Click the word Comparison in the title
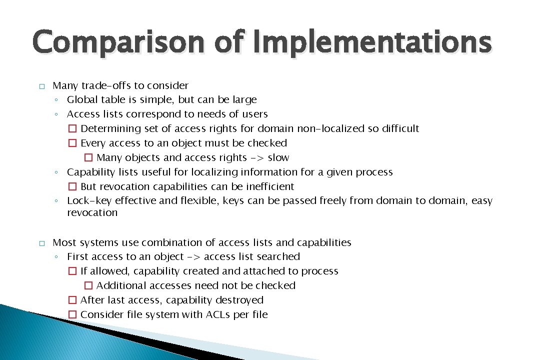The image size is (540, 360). (118, 42)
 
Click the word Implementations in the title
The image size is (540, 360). (372, 42)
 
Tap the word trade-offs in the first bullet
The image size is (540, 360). (106, 85)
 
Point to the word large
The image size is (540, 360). (243, 100)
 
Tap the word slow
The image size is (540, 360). (278, 158)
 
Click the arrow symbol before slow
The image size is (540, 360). (256, 158)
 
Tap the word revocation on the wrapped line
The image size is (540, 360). (92, 213)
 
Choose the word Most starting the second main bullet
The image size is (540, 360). (64, 243)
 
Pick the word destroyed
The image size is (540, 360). (241, 300)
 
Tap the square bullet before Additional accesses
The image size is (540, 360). (88, 286)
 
